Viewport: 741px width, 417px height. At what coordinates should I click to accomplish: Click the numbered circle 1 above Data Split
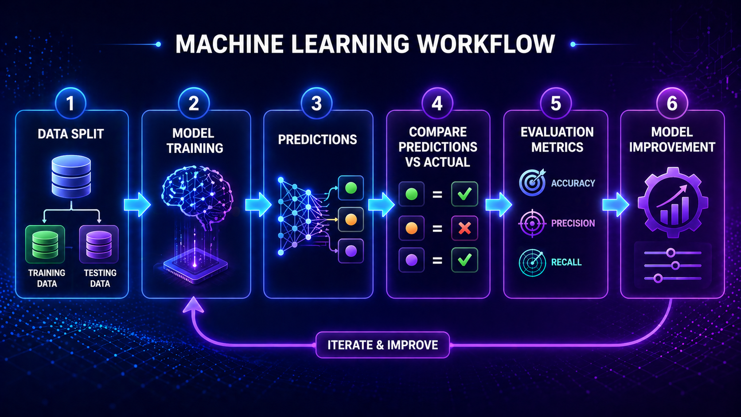click(70, 103)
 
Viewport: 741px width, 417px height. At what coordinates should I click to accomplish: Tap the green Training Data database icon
click(45, 244)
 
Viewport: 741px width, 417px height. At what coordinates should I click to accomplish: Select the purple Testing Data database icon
click(99, 244)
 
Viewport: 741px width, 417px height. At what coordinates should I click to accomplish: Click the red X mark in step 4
click(464, 228)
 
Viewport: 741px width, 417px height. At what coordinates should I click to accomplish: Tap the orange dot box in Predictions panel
click(351, 219)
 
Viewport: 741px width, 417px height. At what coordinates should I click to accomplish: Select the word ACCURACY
click(573, 183)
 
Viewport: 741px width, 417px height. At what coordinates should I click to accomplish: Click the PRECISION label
click(573, 223)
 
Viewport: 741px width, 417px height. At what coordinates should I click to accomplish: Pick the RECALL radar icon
click(532, 262)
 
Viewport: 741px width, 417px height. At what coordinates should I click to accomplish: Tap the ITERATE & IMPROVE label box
click(382, 345)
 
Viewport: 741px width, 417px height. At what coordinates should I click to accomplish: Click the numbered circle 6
click(672, 103)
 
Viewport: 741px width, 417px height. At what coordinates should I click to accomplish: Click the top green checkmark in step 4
click(464, 194)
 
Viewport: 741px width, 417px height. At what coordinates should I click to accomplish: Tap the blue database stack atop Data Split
click(71, 176)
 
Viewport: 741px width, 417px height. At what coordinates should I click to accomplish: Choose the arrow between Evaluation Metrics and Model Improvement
click(616, 205)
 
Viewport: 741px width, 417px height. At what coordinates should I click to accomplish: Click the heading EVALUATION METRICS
click(557, 139)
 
